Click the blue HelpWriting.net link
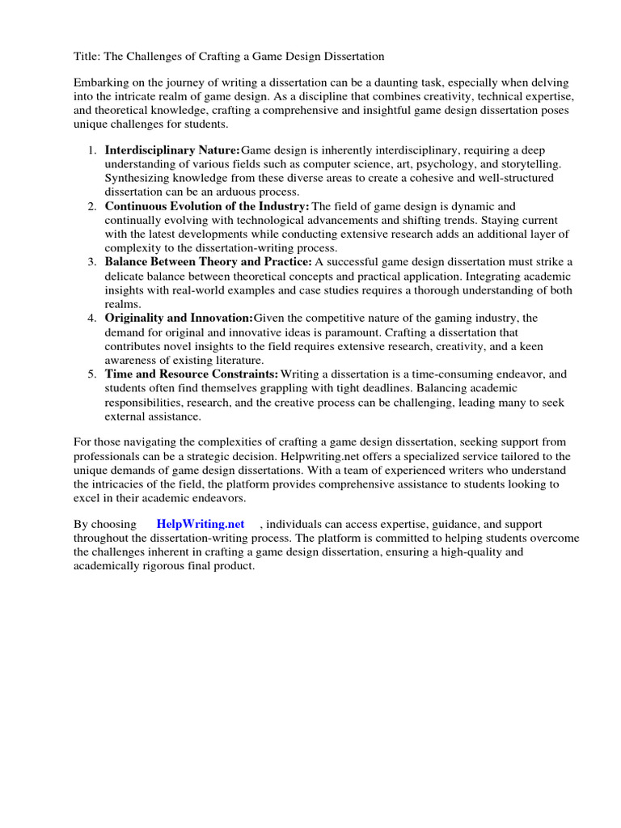pyautogui.click(x=200, y=525)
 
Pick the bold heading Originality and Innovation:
pyautogui.click(x=179, y=318)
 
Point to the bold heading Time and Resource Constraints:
pyautogui.click(x=192, y=374)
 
